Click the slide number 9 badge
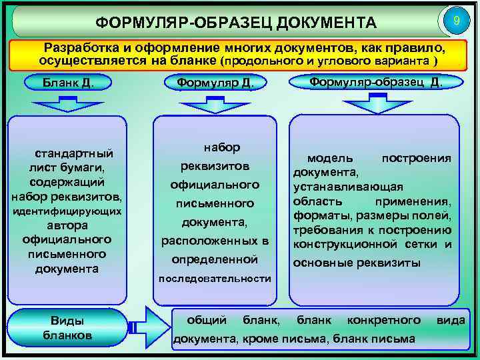click(456, 21)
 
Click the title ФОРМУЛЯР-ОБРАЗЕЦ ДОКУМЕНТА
click(237, 24)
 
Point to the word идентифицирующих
click(67, 211)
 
